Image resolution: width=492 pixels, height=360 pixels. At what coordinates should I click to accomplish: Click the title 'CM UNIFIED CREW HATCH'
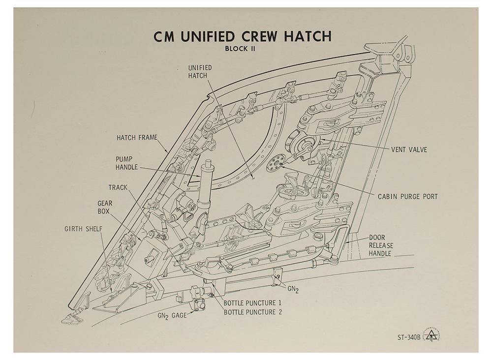click(x=242, y=36)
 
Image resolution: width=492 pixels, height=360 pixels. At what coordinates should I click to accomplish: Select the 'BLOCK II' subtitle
click(x=240, y=49)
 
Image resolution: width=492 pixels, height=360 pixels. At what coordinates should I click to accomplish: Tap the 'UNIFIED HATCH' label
click(x=200, y=71)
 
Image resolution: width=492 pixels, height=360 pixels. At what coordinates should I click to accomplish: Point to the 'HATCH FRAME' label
click(x=137, y=137)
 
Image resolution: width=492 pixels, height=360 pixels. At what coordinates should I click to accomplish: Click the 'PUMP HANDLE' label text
click(x=126, y=163)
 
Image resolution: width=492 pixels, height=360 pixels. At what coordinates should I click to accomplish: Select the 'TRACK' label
click(x=118, y=187)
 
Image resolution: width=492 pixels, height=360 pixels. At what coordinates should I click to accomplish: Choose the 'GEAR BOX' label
click(x=104, y=207)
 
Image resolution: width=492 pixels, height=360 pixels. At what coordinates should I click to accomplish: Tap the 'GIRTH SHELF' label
click(x=84, y=229)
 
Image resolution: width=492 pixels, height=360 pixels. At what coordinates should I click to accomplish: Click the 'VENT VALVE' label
click(x=409, y=150)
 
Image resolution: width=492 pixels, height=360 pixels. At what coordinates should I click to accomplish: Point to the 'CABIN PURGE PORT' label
click(x=407, y=197)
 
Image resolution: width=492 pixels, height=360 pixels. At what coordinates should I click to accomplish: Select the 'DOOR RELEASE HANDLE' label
click(x=381, y=245)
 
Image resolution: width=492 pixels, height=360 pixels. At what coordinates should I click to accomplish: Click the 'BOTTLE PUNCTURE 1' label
click(x=252, y=303)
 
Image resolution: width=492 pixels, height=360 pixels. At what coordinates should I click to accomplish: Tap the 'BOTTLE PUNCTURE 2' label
click(x=252, y=312)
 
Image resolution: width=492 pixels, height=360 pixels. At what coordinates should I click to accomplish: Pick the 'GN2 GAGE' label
click(x=172, y=316)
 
